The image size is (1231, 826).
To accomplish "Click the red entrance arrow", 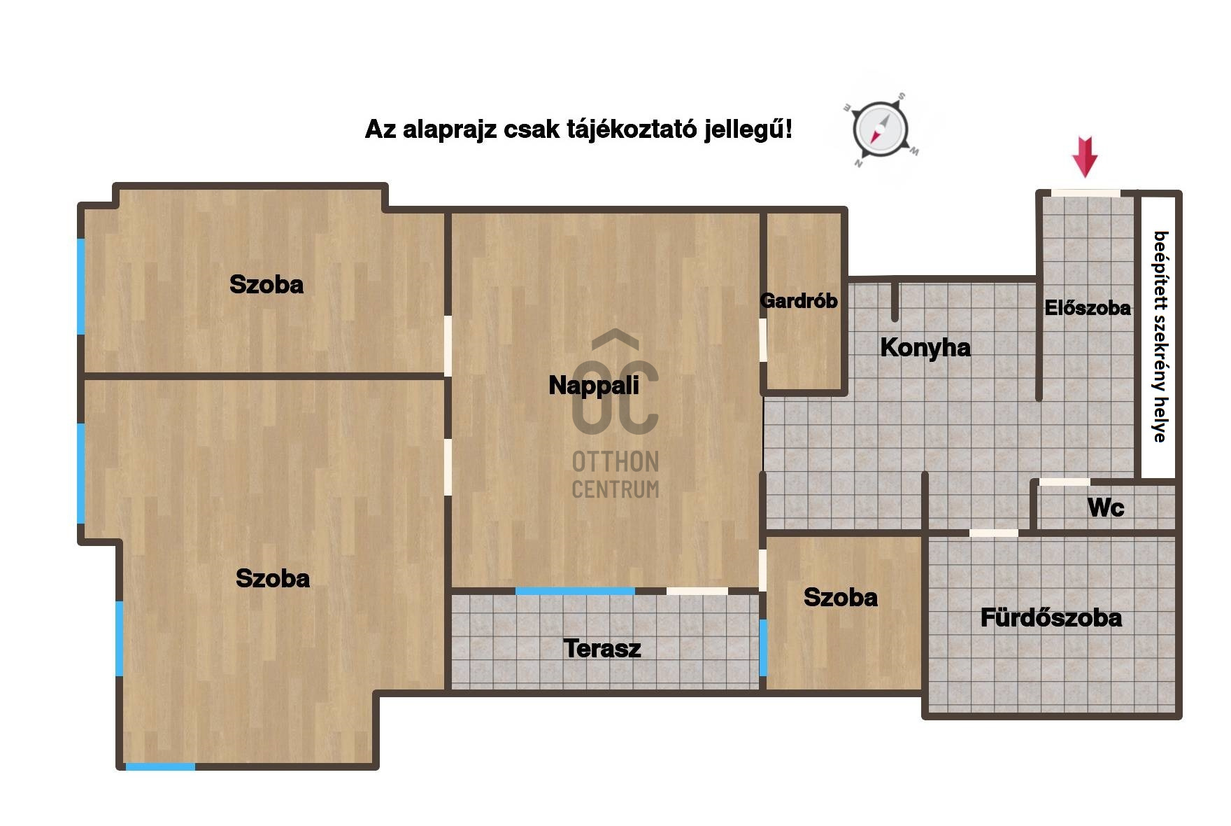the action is coord(1085,157).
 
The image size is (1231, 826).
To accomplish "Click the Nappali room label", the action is coord(594,385).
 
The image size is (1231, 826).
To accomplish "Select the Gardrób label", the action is coord(799,301).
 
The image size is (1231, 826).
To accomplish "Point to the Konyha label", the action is coord(925,347).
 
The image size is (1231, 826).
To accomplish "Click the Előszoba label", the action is coord(1088,308).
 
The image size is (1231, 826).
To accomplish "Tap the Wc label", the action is coord(1106,507).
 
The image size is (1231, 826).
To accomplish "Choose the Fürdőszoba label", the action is coord(1051,617).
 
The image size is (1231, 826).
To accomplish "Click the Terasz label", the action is coord(602,648).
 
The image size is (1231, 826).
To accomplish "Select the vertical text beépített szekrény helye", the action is coord(1160,337).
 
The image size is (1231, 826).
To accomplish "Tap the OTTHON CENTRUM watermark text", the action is coord(615,475).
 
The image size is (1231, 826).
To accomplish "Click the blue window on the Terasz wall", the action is coord(575,591).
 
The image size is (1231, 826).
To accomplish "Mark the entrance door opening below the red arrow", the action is coord(1086,193).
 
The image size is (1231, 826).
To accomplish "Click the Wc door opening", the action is coord(1065,482).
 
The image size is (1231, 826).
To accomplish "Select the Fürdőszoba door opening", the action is coord(994,533).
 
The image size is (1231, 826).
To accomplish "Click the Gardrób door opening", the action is coord(763,340).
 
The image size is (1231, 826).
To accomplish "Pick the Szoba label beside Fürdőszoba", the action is coord(840,597).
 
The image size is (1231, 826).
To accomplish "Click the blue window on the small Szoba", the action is coord(763,647).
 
